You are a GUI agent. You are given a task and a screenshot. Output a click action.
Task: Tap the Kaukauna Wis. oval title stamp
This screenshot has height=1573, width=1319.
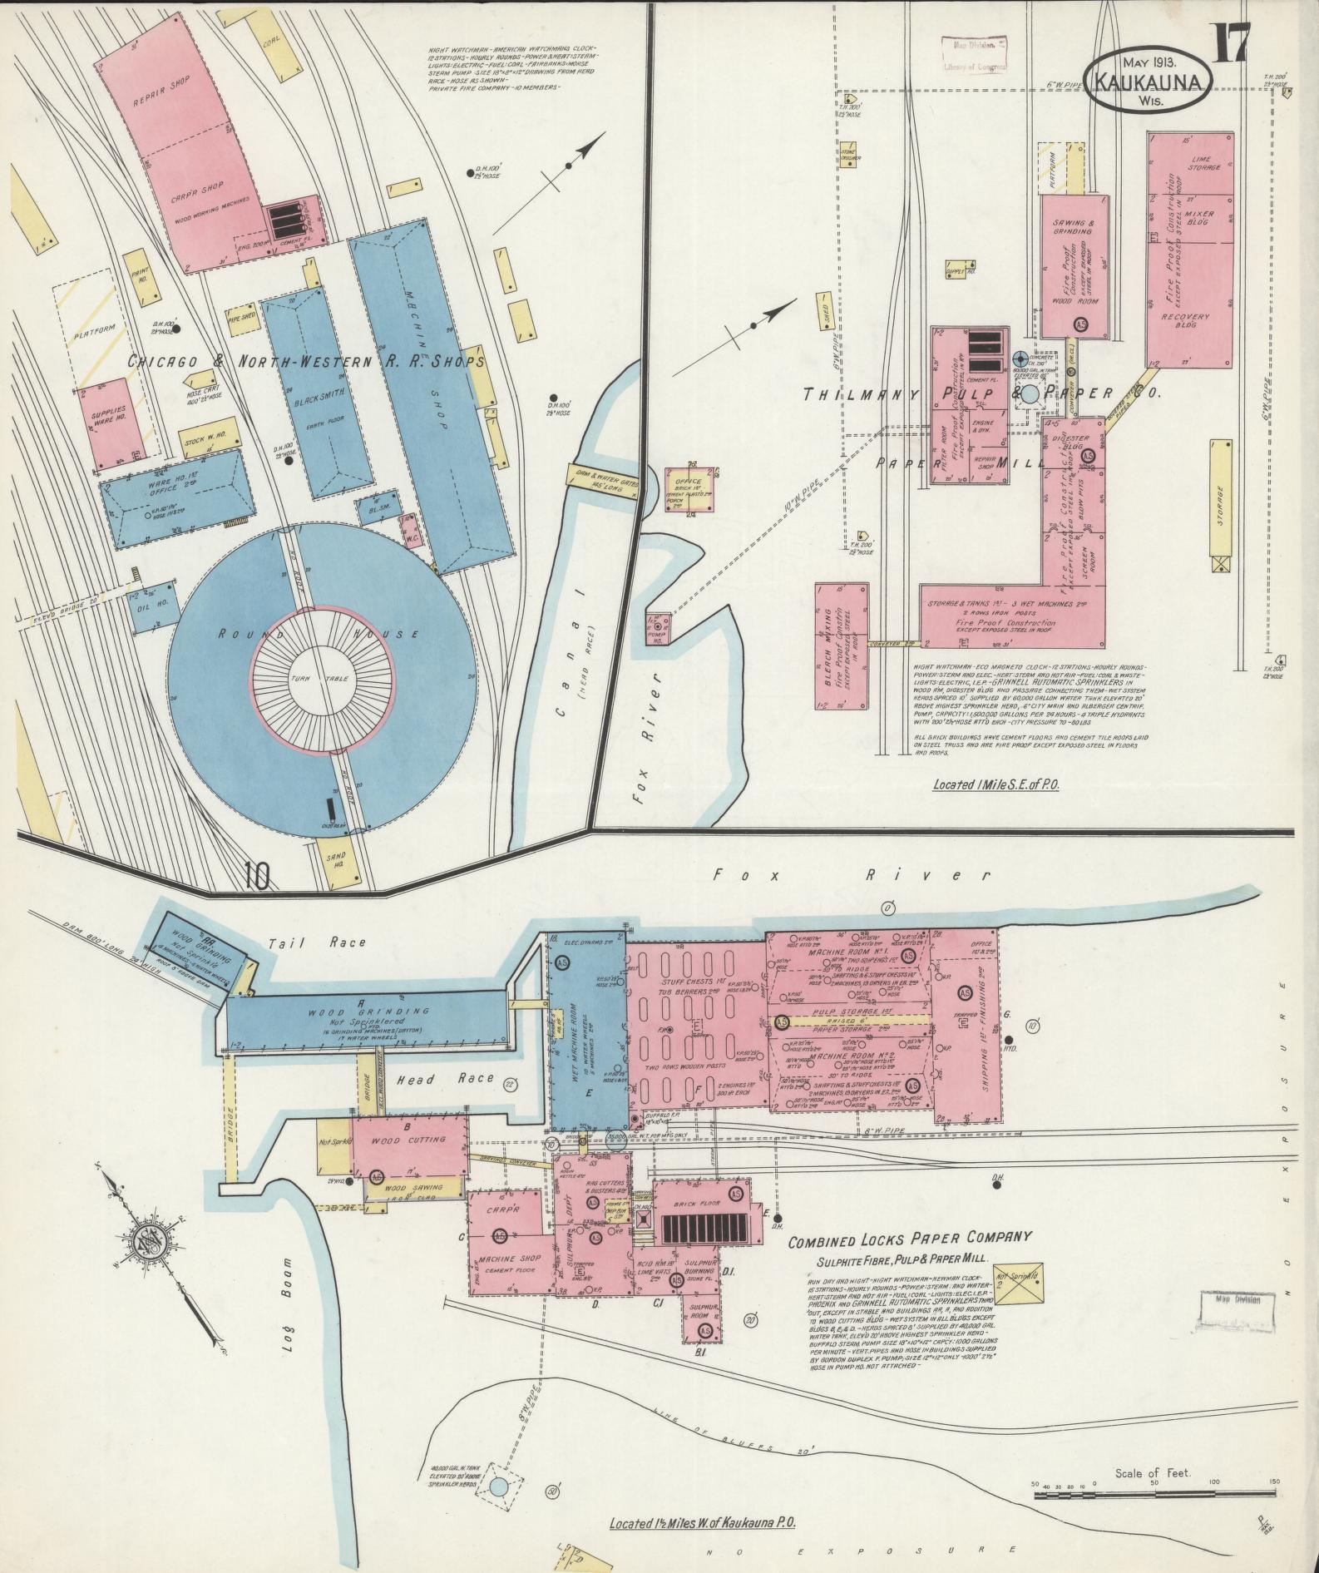[x=1150, y=83]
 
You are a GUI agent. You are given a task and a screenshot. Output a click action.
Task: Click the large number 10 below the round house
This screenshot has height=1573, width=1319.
[x=257, y=876]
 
